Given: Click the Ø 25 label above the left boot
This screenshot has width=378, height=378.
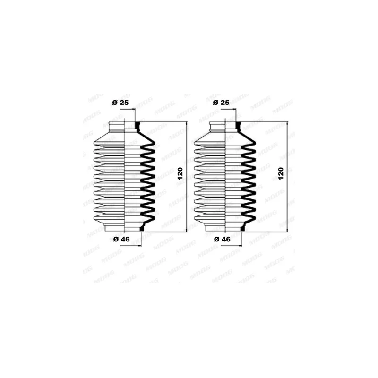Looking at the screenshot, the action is pyautogui.click(x=120, y=103).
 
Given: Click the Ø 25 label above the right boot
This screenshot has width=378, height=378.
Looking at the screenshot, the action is pyautogui.click(x=221, y=103).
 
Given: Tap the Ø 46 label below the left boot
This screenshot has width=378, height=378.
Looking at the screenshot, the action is pyautogui.click(x=121, y=239).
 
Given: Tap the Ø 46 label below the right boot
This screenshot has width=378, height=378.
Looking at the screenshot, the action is pyautogui.click(x=222, y=239).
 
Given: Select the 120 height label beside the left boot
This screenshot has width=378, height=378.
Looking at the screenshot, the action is pyautogui.click(x=180, y=173).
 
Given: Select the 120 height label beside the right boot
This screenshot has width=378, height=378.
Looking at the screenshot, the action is pyautogui.click(x=281, y=173).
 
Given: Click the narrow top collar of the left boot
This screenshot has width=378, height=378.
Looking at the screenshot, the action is pyautogui.click(x=125, y=127).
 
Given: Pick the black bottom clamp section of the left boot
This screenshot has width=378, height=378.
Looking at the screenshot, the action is pyautogui.click(x=142, y=228).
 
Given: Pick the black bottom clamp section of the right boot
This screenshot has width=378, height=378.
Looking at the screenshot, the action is pyautogui.click(x=242, y=228).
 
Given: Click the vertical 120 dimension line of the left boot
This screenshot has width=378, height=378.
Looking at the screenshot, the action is pyautogui.click(x=187, y=177).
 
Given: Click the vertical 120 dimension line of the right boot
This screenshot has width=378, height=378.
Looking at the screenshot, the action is pyautogui.click(x=287, y=177).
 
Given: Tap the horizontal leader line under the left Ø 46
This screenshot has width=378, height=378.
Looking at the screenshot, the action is pyautogui.click(x=131, y=246).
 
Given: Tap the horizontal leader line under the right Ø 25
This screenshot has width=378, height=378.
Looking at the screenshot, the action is pyautogui.click(x=229, y=109).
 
